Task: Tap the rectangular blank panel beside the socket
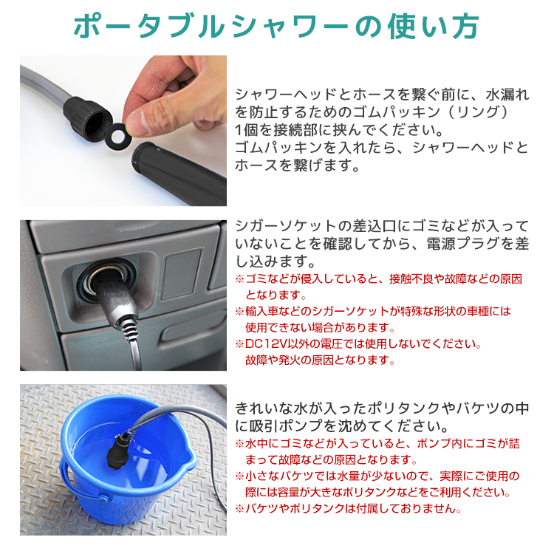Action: (x=182, y=274)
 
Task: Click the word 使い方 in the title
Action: (x=433, y=27)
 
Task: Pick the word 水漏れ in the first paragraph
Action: (x=507, y=95)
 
